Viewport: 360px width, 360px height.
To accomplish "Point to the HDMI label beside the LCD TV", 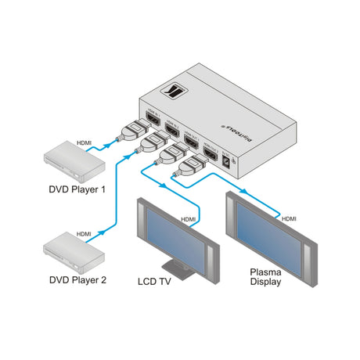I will [x=189, y=220].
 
